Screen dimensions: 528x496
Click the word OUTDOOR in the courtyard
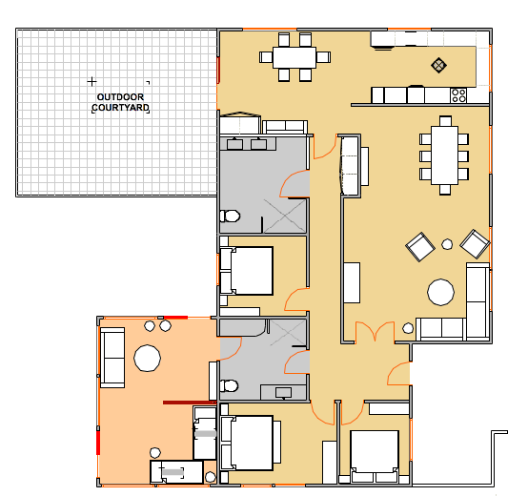click(x=120, y=97)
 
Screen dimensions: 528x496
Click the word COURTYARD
click(x=120, y=108)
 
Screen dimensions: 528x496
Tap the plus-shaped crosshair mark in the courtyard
click(x=91, y=81)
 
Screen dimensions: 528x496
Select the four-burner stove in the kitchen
click(x=458, y=95)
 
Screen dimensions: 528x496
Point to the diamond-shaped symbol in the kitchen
click(x=438, y=65)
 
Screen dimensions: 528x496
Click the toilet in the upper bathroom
click(x=230, y=216)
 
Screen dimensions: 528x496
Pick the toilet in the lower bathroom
click(x=230, y=385)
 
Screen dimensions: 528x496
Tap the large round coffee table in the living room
click(x=440, y=292)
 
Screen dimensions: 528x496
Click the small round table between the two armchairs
click(x=447, y=244)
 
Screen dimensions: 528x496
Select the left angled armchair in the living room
click(x=420, y=247)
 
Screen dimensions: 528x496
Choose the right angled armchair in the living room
click(x=475, y=244)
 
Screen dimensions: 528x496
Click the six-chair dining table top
click(x=294, y=57)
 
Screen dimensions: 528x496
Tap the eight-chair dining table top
click(x=444, y=155)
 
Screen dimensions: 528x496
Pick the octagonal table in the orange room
click(x=147, y=358)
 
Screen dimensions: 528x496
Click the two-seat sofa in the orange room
click(x=112, y=358)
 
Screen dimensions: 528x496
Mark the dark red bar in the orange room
click(x=190, y=403)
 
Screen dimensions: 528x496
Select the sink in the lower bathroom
click(x=283, y=393)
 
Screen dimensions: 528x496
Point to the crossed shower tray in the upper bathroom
click(x=285, y=216)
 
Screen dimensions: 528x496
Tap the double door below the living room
click(x=375, y=332)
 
